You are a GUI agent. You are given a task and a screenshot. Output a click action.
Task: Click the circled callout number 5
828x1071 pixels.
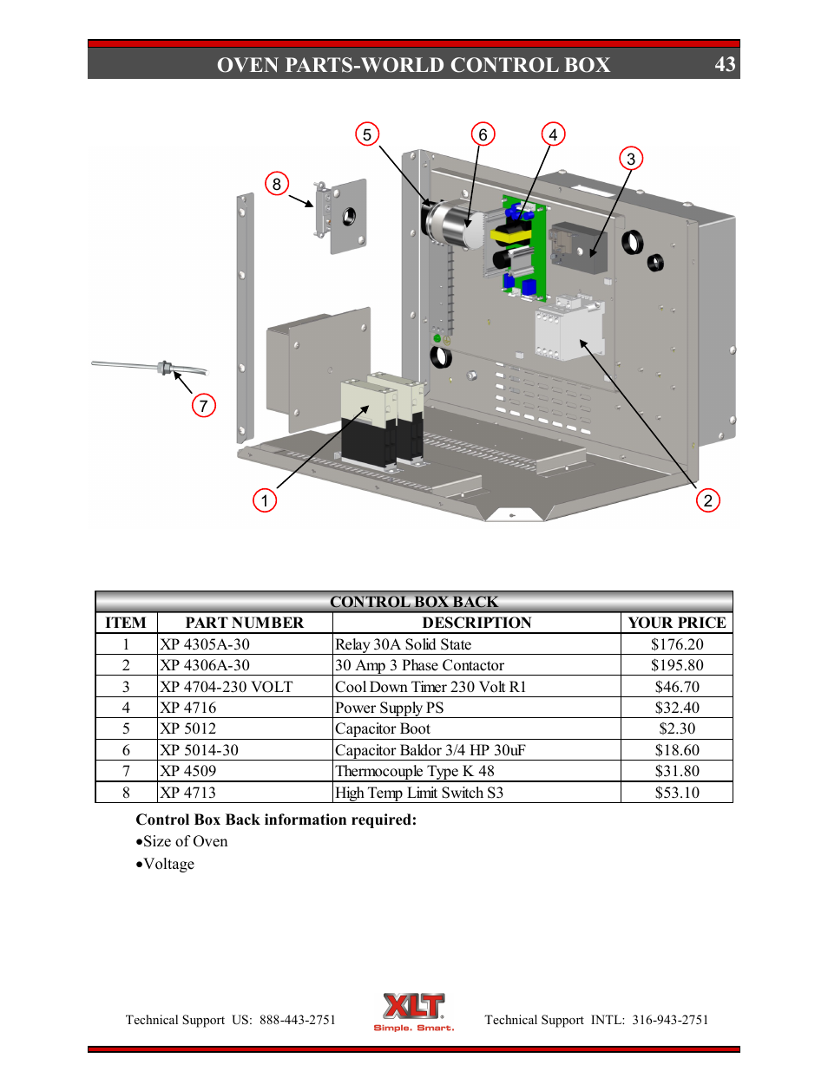[367, 134]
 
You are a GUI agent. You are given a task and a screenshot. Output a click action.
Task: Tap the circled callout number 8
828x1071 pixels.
[277, 184]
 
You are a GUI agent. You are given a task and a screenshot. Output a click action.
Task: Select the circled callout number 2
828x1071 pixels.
[708, 500]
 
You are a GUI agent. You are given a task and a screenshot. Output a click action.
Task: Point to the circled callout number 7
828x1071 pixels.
[203, 406]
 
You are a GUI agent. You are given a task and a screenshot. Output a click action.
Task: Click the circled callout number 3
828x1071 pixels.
[631, 159]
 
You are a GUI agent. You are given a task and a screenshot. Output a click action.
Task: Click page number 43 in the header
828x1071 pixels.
[725, 65]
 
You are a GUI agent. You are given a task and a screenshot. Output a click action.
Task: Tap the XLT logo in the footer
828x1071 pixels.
[414, 1011]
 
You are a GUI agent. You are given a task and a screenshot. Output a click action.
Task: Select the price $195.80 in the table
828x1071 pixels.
[677, 665]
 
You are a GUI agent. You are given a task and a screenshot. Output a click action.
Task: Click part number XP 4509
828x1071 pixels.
[188, 771]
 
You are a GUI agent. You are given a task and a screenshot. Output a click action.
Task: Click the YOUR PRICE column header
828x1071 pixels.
[677, 623]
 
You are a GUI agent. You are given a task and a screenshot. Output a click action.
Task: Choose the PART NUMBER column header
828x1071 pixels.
[245, 623]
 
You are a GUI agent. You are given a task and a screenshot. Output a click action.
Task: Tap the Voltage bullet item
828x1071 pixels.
[168, 864]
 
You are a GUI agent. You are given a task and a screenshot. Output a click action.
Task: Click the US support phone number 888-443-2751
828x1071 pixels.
[297, 1020]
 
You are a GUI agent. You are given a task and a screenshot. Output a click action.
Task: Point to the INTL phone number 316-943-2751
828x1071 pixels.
[670, 1020]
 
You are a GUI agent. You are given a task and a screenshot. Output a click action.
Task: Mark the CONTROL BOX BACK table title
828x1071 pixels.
[414, 602]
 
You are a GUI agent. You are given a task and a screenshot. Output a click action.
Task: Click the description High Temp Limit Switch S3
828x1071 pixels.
[419, 793]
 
